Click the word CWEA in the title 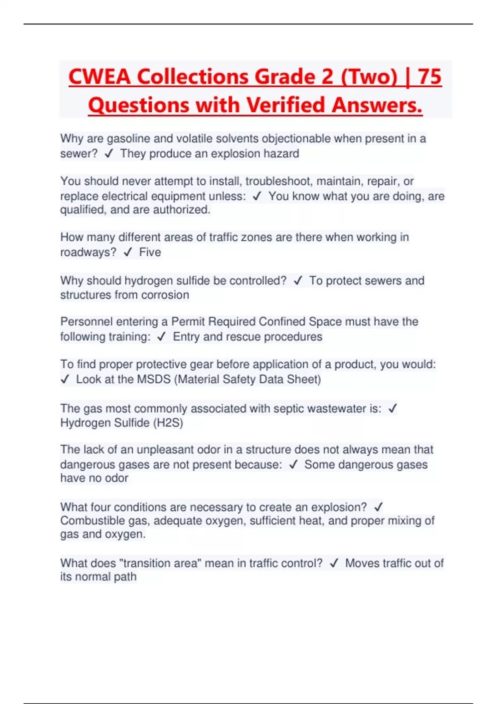99,77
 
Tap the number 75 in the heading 429,77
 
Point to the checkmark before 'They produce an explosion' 109,154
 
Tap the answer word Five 150,252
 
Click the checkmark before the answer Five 128,252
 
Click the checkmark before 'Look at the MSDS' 65,379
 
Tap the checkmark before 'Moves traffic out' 334,563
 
